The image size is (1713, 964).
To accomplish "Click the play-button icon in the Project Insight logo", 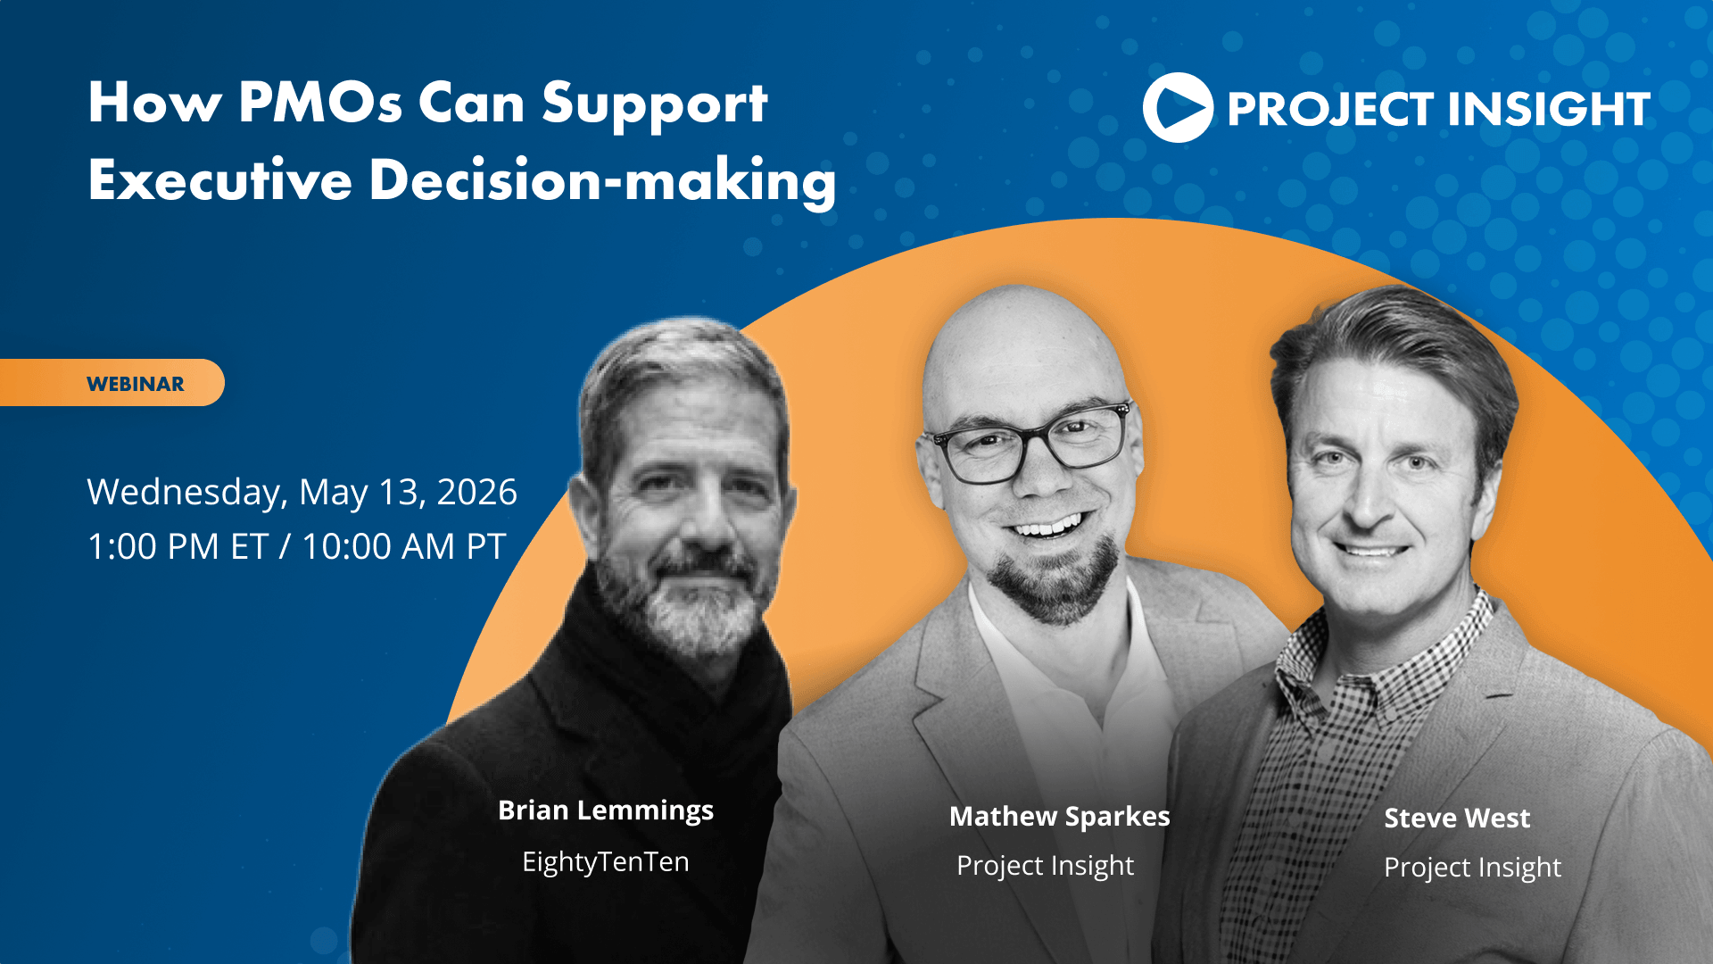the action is click(x=1178, y=107).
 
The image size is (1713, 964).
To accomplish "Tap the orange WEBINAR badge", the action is click(x=112, y=383).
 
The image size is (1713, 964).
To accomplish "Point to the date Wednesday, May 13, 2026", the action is click(x=302, y=492).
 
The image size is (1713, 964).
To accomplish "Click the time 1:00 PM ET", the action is click(x=178, y=546).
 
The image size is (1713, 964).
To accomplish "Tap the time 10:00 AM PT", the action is click(x=404, y=546).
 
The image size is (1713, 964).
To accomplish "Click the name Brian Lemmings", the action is click(x=606, y=810).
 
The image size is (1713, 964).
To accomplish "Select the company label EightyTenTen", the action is click(x=606, y=861).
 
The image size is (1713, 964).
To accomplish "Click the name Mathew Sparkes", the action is click(x=1059, y=816).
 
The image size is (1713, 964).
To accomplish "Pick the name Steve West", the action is click(x=1457, y=818).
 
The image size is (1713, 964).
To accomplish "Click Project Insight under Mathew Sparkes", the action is click(x=1045, y=866).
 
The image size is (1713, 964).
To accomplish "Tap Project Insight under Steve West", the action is click(x=1472, y=868).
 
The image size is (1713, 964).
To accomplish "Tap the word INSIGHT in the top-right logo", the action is click(x=1549, y=109).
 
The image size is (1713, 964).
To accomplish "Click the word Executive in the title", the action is click(x=220, y=180).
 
